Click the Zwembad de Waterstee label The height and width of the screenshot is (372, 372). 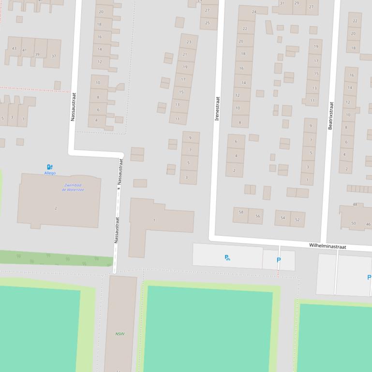[x=73, y=187]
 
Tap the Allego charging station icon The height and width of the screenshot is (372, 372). [x=50, y=167]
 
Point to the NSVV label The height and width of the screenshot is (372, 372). [x=120, y=334]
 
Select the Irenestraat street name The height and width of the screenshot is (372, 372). [x=217, y=108]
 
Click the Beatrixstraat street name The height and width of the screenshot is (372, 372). [x=331, y=115]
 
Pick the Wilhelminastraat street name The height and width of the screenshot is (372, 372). [x=327, y=246]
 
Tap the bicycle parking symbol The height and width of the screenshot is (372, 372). [x=227, y=258]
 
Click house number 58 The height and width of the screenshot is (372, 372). [x=241, y=212]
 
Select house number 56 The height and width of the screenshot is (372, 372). [x=257, y=216]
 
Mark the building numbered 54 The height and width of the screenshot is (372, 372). [x=283, y=218]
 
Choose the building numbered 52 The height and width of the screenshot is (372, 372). [x=297, y=220]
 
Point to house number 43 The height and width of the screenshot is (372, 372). [x=14, y=48]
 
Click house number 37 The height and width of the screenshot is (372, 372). [x=54, y=56]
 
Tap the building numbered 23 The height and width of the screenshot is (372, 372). [x=189, y=42]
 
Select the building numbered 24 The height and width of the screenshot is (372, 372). [x=254, y=12]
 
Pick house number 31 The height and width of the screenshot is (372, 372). [x=282, y=3]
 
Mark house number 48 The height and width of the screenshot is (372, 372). [x=355, y=204]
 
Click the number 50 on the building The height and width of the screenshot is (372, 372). [x=354, y=223]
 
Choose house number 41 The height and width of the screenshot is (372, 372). [x=25, y=50]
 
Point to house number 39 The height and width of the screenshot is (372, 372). [x=37, y=54]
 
